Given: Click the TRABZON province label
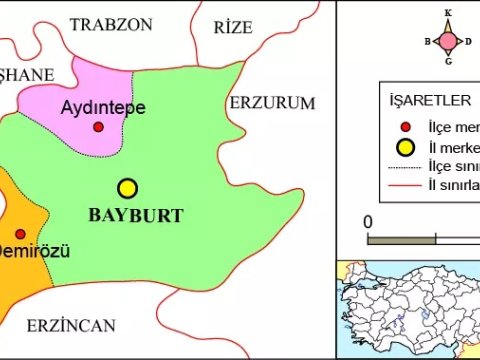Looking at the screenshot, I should [x=111, y=22].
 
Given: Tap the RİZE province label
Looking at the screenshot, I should [x=234, y=27].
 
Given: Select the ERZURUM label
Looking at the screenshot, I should [x=272, y=103].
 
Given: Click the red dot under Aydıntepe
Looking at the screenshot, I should [x=98, y=127].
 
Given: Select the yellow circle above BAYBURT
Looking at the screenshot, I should [x=127, y=188].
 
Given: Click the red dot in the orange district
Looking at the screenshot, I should [x=21, y=233].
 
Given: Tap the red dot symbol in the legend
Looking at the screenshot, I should [x=405, y=127].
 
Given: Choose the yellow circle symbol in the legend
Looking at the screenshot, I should [x=405, y=148].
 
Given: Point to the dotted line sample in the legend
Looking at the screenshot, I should [x=405, y=167].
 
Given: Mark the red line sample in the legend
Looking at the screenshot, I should [x=405, y=186].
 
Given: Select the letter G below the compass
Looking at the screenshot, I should [x=447, y=63].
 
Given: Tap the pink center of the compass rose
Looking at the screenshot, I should [x=447, y=40].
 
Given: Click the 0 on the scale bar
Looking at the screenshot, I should [x=369, y=221].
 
